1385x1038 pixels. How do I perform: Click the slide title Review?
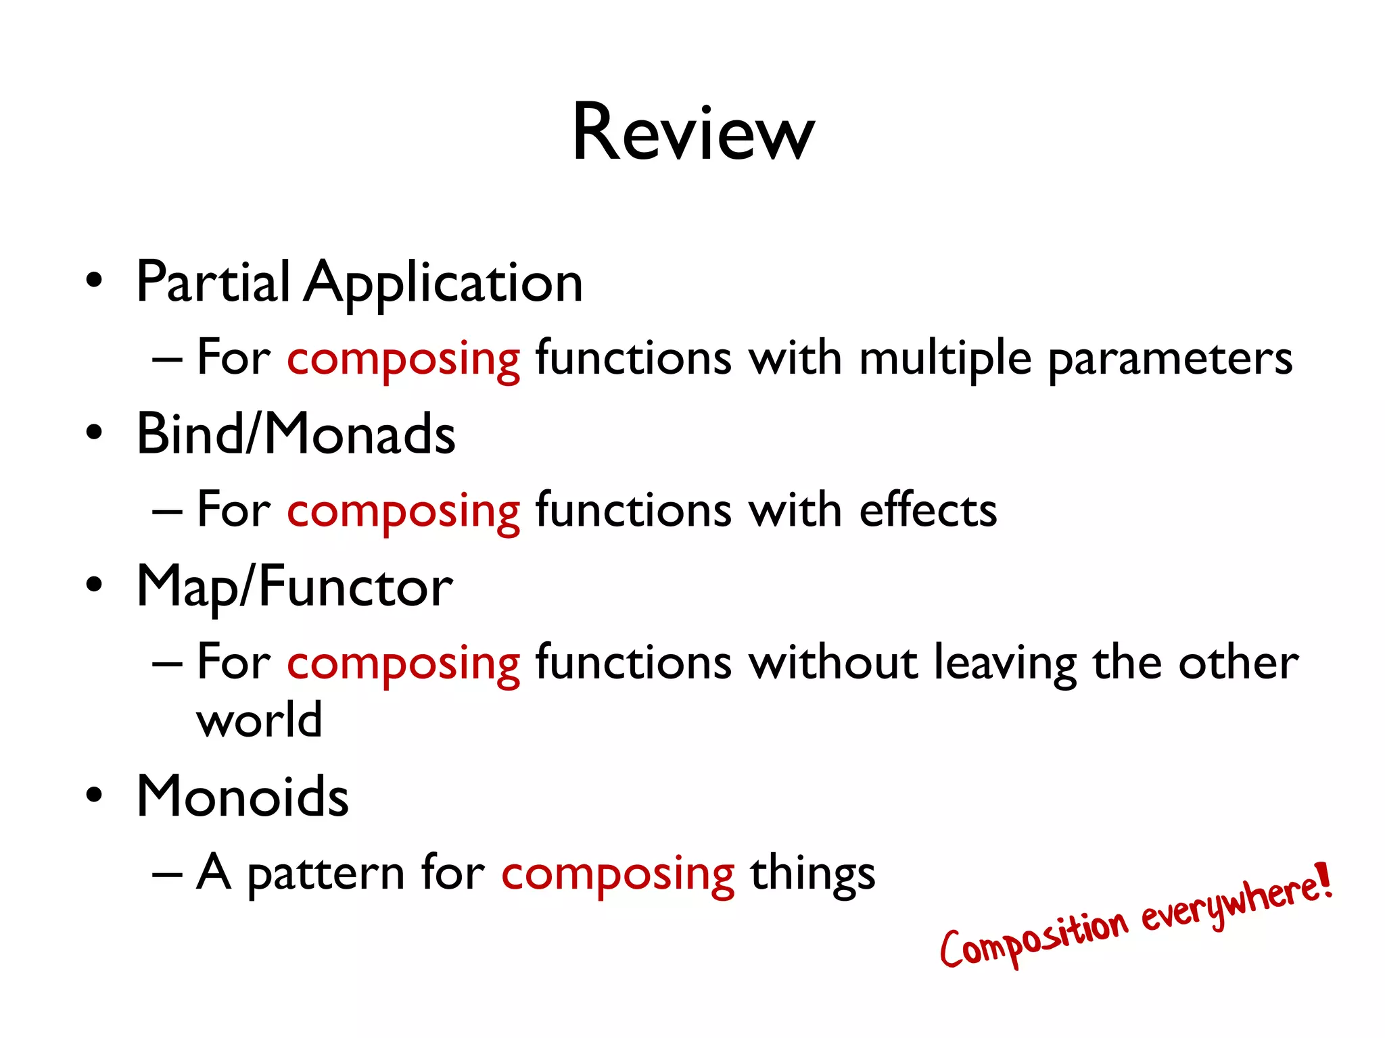point(693,133)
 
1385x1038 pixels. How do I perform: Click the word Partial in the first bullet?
point(213,282)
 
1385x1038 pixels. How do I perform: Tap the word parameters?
point(1170,360)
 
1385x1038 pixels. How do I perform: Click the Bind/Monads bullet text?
point(296,435)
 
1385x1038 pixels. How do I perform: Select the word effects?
point(928,510)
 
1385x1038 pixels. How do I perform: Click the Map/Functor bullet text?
point(294,587)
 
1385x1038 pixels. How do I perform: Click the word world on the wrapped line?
point(259,720)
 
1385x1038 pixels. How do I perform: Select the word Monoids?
point(242,797)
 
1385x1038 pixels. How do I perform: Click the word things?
point(812,874)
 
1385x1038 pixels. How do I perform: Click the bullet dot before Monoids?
point(94,796)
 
